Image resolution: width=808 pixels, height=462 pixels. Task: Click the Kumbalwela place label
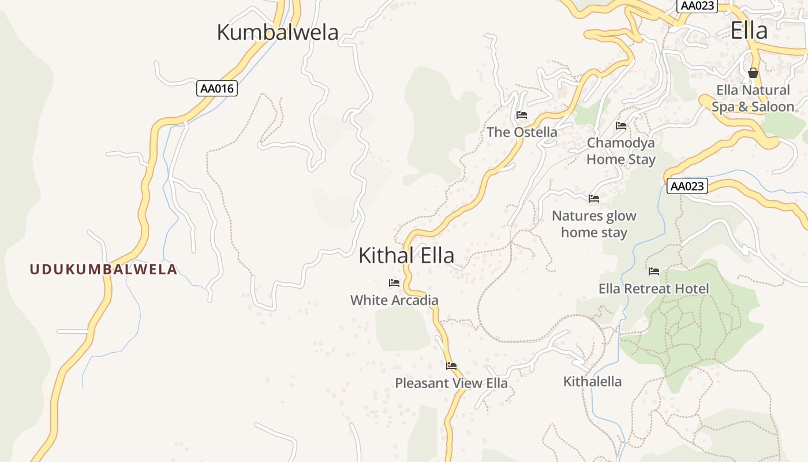coord(277,32)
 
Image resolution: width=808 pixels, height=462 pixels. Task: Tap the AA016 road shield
coord(217,88)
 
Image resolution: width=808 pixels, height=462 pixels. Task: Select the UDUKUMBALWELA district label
coord(103,269)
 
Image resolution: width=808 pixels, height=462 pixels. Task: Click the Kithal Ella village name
coord(406,255)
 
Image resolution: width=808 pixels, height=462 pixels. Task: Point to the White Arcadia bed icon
coord(394,283)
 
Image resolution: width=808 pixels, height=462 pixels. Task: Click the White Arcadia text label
coord(394,300)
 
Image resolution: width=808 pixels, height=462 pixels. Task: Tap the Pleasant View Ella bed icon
coord(451,366)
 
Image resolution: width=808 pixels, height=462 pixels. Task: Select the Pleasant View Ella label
coord(451,383)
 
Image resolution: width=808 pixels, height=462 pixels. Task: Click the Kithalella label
coord(592,381)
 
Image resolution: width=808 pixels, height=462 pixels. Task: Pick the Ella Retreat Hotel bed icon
coord(654,271)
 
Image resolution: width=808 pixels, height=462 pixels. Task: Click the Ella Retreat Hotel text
coord(654,288)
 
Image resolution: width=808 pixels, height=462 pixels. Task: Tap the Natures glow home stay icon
coord(594,199)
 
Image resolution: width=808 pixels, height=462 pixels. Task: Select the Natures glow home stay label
coord(594,224)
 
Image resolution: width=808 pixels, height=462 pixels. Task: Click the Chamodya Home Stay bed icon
coord(621,125)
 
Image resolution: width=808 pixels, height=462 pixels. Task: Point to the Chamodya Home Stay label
coord(621,151)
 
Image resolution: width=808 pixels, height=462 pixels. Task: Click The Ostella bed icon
coord(522,115)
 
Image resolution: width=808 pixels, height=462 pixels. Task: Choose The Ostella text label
coord(522,132)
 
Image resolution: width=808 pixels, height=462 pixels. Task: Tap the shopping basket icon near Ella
coord(753,73)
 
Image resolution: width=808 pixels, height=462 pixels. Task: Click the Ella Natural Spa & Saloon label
coord(753,98)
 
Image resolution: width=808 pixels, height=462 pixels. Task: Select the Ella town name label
coord(749,31)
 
